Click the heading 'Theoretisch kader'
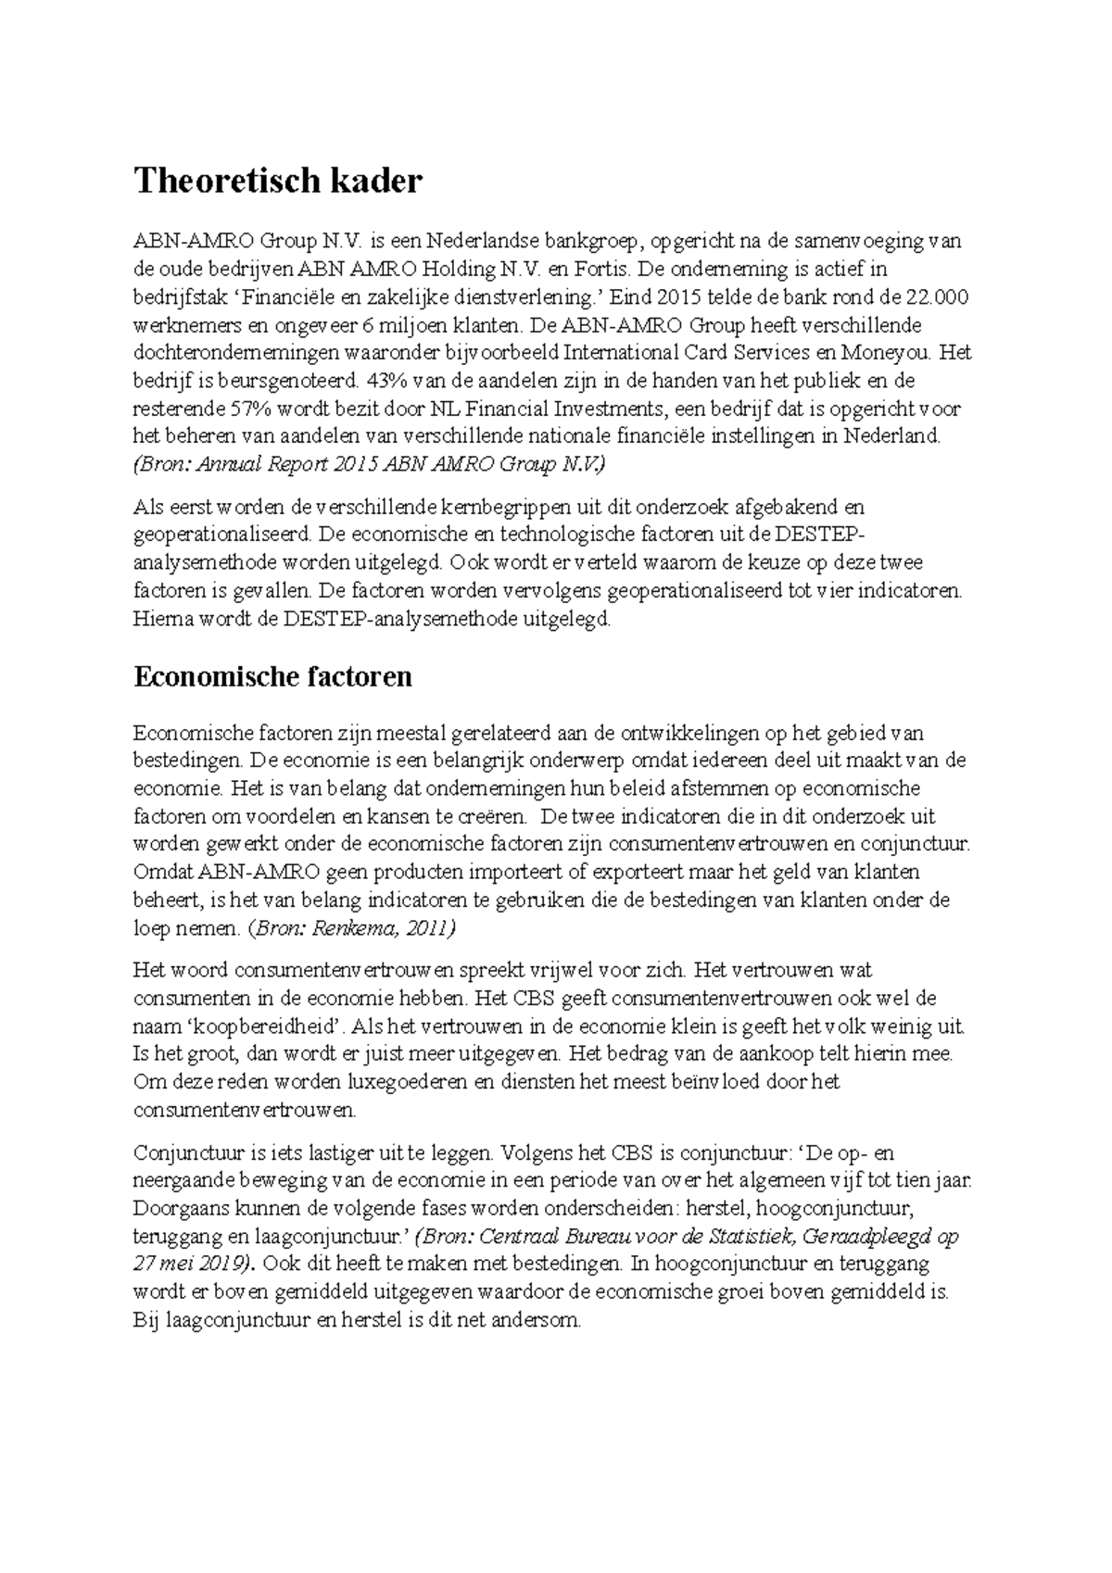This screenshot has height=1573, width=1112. click(x=277, y=181)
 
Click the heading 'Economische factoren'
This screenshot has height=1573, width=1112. click(x=272, y=677)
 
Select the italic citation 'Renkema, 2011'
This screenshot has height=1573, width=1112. click(x=384, y=927)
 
